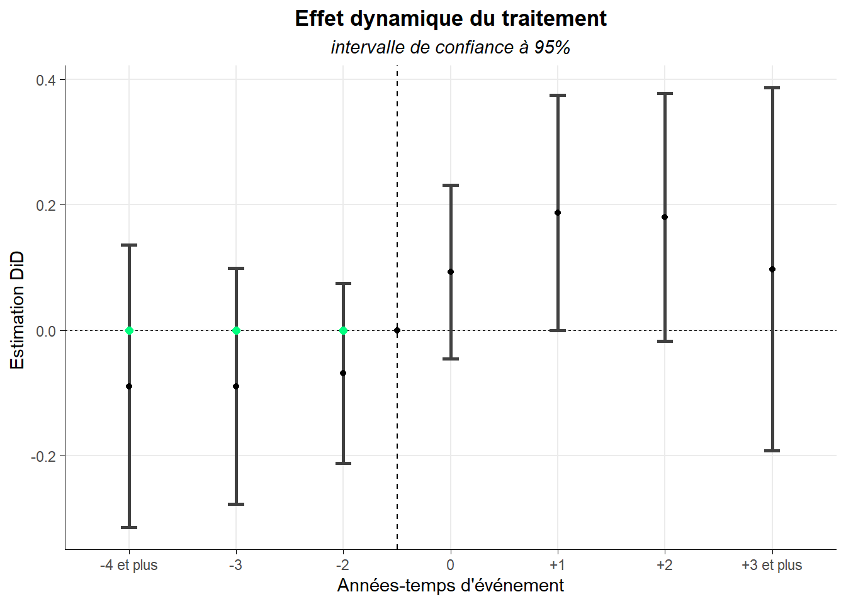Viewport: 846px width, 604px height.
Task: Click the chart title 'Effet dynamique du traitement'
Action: point(451,19)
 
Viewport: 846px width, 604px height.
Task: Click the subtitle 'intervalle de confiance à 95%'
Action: point(451,48)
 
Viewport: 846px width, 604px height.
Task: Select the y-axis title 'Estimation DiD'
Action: point(17,310)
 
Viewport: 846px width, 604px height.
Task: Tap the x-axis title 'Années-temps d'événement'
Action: point(451,586)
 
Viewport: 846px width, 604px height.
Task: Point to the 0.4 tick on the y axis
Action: point(45,80)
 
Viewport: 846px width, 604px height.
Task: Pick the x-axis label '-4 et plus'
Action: point(129,565)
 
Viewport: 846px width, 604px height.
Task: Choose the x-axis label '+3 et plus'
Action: point(772,565)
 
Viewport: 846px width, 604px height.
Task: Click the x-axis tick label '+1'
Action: point(557,565)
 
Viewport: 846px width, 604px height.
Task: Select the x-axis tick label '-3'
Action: point(236,565)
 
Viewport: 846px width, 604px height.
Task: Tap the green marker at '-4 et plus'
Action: point(129,331)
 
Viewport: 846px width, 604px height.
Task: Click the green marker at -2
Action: point(343,331)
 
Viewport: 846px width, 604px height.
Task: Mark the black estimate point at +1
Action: point(558,213)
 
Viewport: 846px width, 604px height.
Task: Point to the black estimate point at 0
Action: point(451,272)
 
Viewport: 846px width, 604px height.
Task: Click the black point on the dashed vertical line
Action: point(397,330)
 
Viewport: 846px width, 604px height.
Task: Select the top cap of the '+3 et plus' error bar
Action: point(772,88)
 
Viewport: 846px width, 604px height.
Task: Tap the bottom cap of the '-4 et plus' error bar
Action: point(129,527)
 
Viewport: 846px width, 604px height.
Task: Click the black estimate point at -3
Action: point(236,386)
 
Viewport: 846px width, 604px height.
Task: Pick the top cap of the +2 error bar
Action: point(665,94)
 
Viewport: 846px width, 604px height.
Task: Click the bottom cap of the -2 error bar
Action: point(343,463)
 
